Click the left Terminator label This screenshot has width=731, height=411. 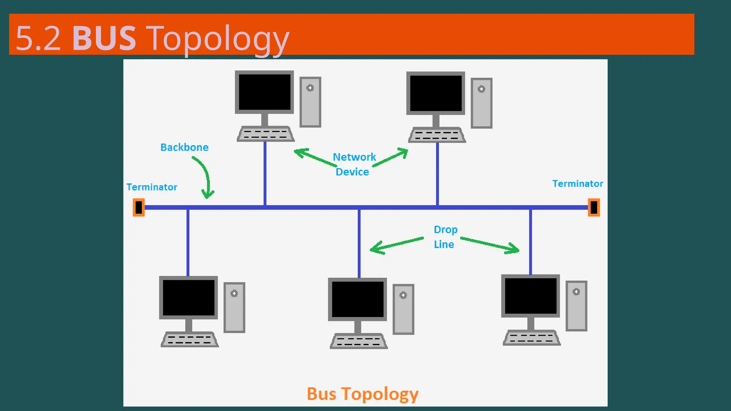pyautogui.click(x=152, y=187)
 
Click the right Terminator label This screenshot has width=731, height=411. pyautogui.click(x=578, y=183)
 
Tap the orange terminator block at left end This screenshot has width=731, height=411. pyautogui.click(x=138, y=207)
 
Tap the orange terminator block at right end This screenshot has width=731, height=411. pyautogui.click(x=594, y=207)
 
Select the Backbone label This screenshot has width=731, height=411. pyautogui.click(x=184, y=147)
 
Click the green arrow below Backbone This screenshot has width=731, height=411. pyautogui.click(x=205, y=177)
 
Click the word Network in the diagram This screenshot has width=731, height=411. pyautogui.click(x=354, y=157)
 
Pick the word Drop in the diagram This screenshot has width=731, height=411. pyautogui.click(x=445, y=229)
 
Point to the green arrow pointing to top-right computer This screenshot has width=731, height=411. pyautogui.click(x=391, y=158)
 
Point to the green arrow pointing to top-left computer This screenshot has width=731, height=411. pyautogui.click(x=314, y=158)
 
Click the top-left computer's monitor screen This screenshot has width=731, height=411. pyautogui.click(x=264, y=92)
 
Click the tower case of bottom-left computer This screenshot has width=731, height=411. pyautogui.click(x=234, y=308)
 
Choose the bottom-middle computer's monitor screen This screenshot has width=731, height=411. pyautogui.click(x=357, y=299)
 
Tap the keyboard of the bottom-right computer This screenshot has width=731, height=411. pyautogui.click(x=531, y=338)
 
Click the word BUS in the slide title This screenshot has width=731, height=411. pyautogui.click(x=104, y=38)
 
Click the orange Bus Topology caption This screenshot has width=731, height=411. pyautogui.click(x=362, y=394)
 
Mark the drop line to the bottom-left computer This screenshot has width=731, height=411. pyautogui.click(x=188, y=243)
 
